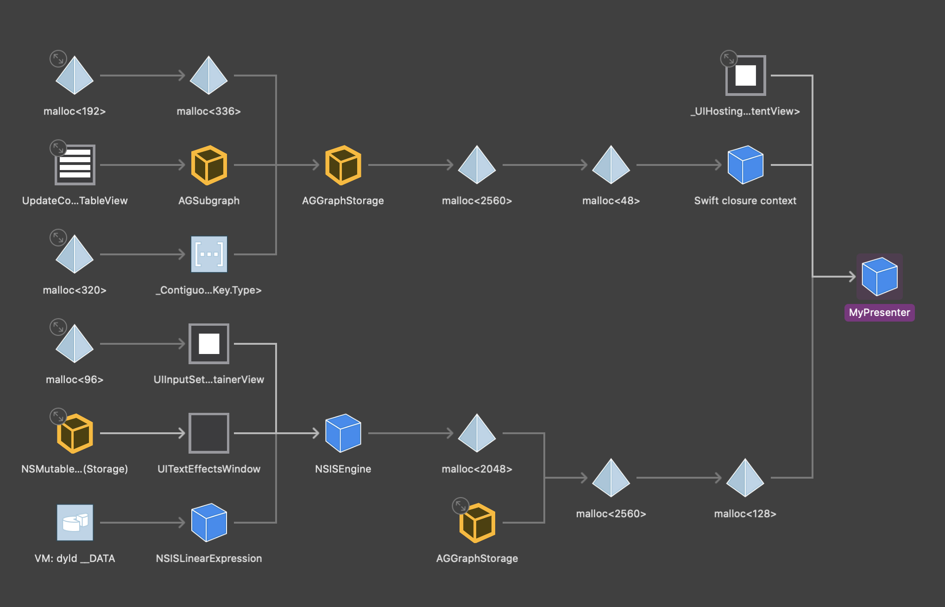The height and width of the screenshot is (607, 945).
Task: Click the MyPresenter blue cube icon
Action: click(x=879, y=277)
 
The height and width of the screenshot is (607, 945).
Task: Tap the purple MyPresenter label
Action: click(x=879, y=312)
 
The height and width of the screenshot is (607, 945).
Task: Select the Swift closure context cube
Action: click(x=745, y=164)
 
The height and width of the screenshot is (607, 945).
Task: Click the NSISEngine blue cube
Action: click(x=343, y=433)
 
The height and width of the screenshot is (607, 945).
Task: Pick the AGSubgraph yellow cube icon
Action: click(x=209, y=165)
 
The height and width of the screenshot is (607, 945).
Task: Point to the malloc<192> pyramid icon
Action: click(x=75, y=75)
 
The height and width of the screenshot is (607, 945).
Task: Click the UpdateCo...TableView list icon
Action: click(x=75, y=164)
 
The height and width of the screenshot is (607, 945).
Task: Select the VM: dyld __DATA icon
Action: click(x=75, y=522)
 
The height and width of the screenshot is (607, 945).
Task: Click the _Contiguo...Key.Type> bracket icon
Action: click(x=209, y=254)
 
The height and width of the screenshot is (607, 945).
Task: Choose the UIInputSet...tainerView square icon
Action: click(x=209, y=343)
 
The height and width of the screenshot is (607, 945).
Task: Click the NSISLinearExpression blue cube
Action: click(x=209, y=522)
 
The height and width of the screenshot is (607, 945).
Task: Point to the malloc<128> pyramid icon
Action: click(x=745, y=478)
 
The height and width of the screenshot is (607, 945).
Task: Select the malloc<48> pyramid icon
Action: click(x=611, y=164)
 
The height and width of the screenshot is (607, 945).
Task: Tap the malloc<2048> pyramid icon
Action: click(x=477, y=433)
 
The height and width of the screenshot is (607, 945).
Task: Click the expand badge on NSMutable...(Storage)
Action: click(x=58, y=416)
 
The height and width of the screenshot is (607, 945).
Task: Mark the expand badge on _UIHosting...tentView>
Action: click(x=729, y=59)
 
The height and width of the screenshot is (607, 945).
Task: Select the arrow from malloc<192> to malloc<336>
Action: click(x=143, y=75)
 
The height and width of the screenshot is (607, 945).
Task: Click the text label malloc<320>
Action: click(x=75, y=290)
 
